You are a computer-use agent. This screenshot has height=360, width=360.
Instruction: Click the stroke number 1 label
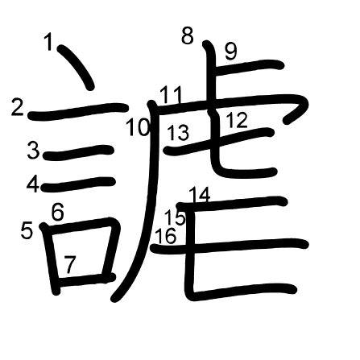(x=48, y=42)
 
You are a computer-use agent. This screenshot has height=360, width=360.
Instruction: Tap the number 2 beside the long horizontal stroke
(x=18, y=107)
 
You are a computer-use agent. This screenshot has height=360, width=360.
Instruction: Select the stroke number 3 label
(x=34, y=151)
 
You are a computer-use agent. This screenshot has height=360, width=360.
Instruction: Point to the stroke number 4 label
(x=33, y=184)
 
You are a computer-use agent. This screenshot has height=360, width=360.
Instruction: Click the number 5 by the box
(x=27, y=230)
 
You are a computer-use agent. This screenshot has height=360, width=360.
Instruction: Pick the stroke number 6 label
(x=58, y=212)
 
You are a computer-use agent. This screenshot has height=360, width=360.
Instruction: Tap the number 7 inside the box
(x=70, y=265)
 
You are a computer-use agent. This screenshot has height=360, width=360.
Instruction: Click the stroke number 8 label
(x=188, y=35)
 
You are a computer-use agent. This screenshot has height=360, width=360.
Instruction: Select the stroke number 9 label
(x=231, y=52)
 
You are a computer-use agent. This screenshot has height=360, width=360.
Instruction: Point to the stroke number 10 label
(x=138, y=127)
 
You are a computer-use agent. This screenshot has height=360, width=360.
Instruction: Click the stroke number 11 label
(x=171, y=95)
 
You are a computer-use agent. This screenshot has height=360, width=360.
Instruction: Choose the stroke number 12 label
(x=237, y=120)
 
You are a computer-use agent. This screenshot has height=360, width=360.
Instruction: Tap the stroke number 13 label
(x=178, y=133)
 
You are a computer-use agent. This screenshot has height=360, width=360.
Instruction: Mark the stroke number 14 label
(x=200, y=196)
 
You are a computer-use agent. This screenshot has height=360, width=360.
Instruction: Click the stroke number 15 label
(x=175, y=217)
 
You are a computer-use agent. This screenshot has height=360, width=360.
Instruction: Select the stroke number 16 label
(x=166, y=236)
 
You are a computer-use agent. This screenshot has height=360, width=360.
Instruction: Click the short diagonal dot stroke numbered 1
(x=77, y=67)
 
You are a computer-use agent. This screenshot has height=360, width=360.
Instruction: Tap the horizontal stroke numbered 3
(x=78, y=152)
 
